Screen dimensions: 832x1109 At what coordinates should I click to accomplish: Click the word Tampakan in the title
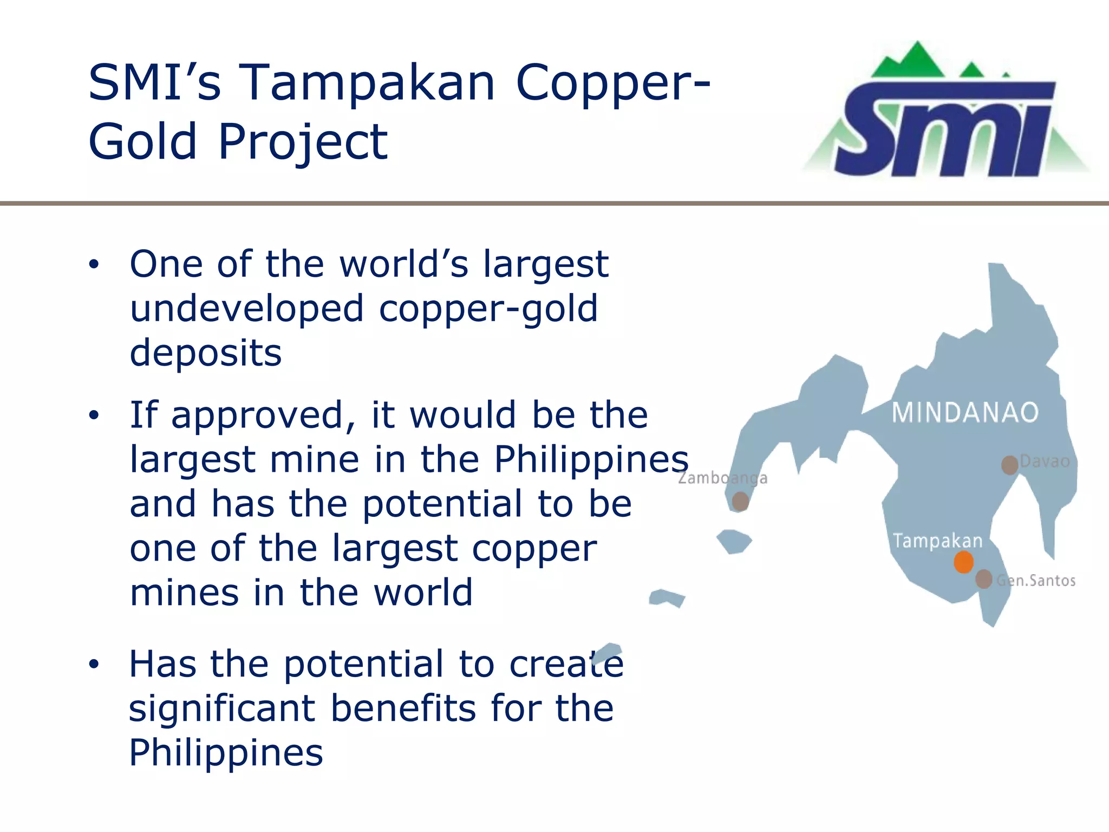[367, 82]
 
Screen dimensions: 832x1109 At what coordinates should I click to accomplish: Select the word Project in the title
[303, 142]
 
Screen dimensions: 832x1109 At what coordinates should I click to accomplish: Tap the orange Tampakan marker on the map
[963, 562]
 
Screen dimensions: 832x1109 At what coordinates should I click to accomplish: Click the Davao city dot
[1009, 465]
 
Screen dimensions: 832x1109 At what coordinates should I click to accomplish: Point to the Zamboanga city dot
[740, 501]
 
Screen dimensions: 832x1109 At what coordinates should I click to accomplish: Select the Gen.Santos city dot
[983, 579]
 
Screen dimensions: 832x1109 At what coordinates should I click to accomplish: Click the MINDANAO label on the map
[965, 413]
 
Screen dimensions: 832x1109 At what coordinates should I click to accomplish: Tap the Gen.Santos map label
[1035, 581]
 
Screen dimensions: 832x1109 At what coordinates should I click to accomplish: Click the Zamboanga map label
[722, 478]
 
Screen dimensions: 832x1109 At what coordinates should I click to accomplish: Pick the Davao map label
[1045, 461]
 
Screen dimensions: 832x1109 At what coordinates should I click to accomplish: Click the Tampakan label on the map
[937, 541]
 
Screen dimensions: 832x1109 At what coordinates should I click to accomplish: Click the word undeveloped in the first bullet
[247, 309]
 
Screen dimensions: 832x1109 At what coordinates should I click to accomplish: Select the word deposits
[206, 353]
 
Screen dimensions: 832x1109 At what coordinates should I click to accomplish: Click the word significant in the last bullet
[222, 708]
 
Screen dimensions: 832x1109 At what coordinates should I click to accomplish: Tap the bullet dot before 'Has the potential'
[94, 664]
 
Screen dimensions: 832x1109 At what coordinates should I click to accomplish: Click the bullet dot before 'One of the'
[94, 264]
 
